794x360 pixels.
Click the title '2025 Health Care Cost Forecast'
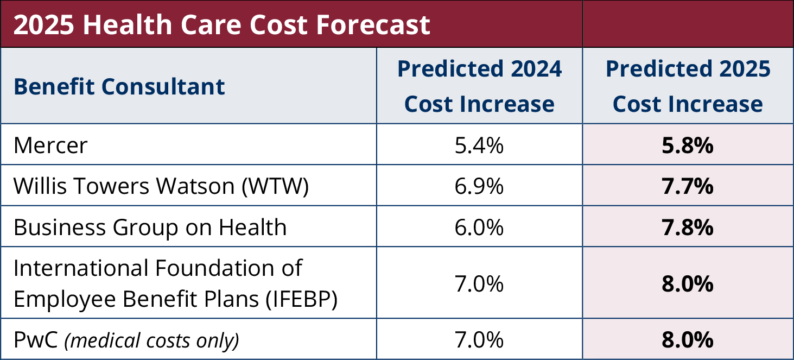pyautogui.click(x=221, y=24)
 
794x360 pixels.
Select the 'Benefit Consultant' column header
pyautogui.click(x=119, y=86)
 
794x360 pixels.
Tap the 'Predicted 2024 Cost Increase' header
pyautogui.click(x=479, y=86)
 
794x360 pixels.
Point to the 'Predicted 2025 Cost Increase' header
pyautogui.click(x=688, y=86)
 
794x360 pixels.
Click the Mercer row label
pyautogui.click(x=50, y=146)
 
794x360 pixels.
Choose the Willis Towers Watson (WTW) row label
pyautogui.click(x=161, y=186)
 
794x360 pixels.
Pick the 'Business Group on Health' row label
pyautogui.click(x=150, y=227)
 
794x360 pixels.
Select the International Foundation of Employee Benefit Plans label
pyautogui.click(x=175, y=283)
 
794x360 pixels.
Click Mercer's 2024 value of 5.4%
pyautogui.click(x=479, y=146)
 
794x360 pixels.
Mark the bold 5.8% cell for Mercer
pyautogui.click(x=688, y=146)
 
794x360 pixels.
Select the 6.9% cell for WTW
pyautogui.click(x=479, y=186)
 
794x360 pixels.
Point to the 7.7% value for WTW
pyautogui.click(x=688, y=186)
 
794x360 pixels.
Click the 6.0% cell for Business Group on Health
pyautogui.click(x=479, y=227)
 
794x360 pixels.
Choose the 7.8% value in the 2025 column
pyautogui.click(x=688, y=227)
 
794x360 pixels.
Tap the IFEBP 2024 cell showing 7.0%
pyautogui.click(x=479, y=283)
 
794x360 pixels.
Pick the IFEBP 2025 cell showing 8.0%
pyautogui.click(x=688, y=283)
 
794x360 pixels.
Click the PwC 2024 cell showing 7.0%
pyautogui.click(x=479, y=340)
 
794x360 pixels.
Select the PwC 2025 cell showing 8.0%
pyautogui.click(x=688, y=340)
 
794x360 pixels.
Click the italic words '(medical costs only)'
pyautogui.click(x=152, y=340)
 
